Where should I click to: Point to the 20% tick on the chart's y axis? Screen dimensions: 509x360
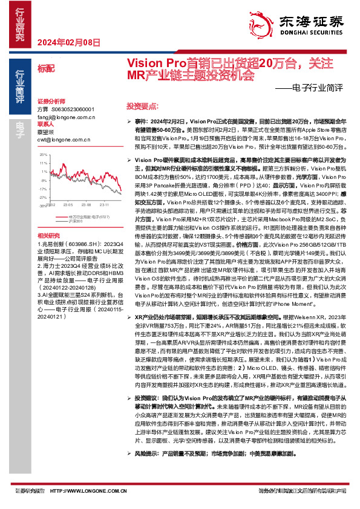pyautogui.click(x=43, y=155)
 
